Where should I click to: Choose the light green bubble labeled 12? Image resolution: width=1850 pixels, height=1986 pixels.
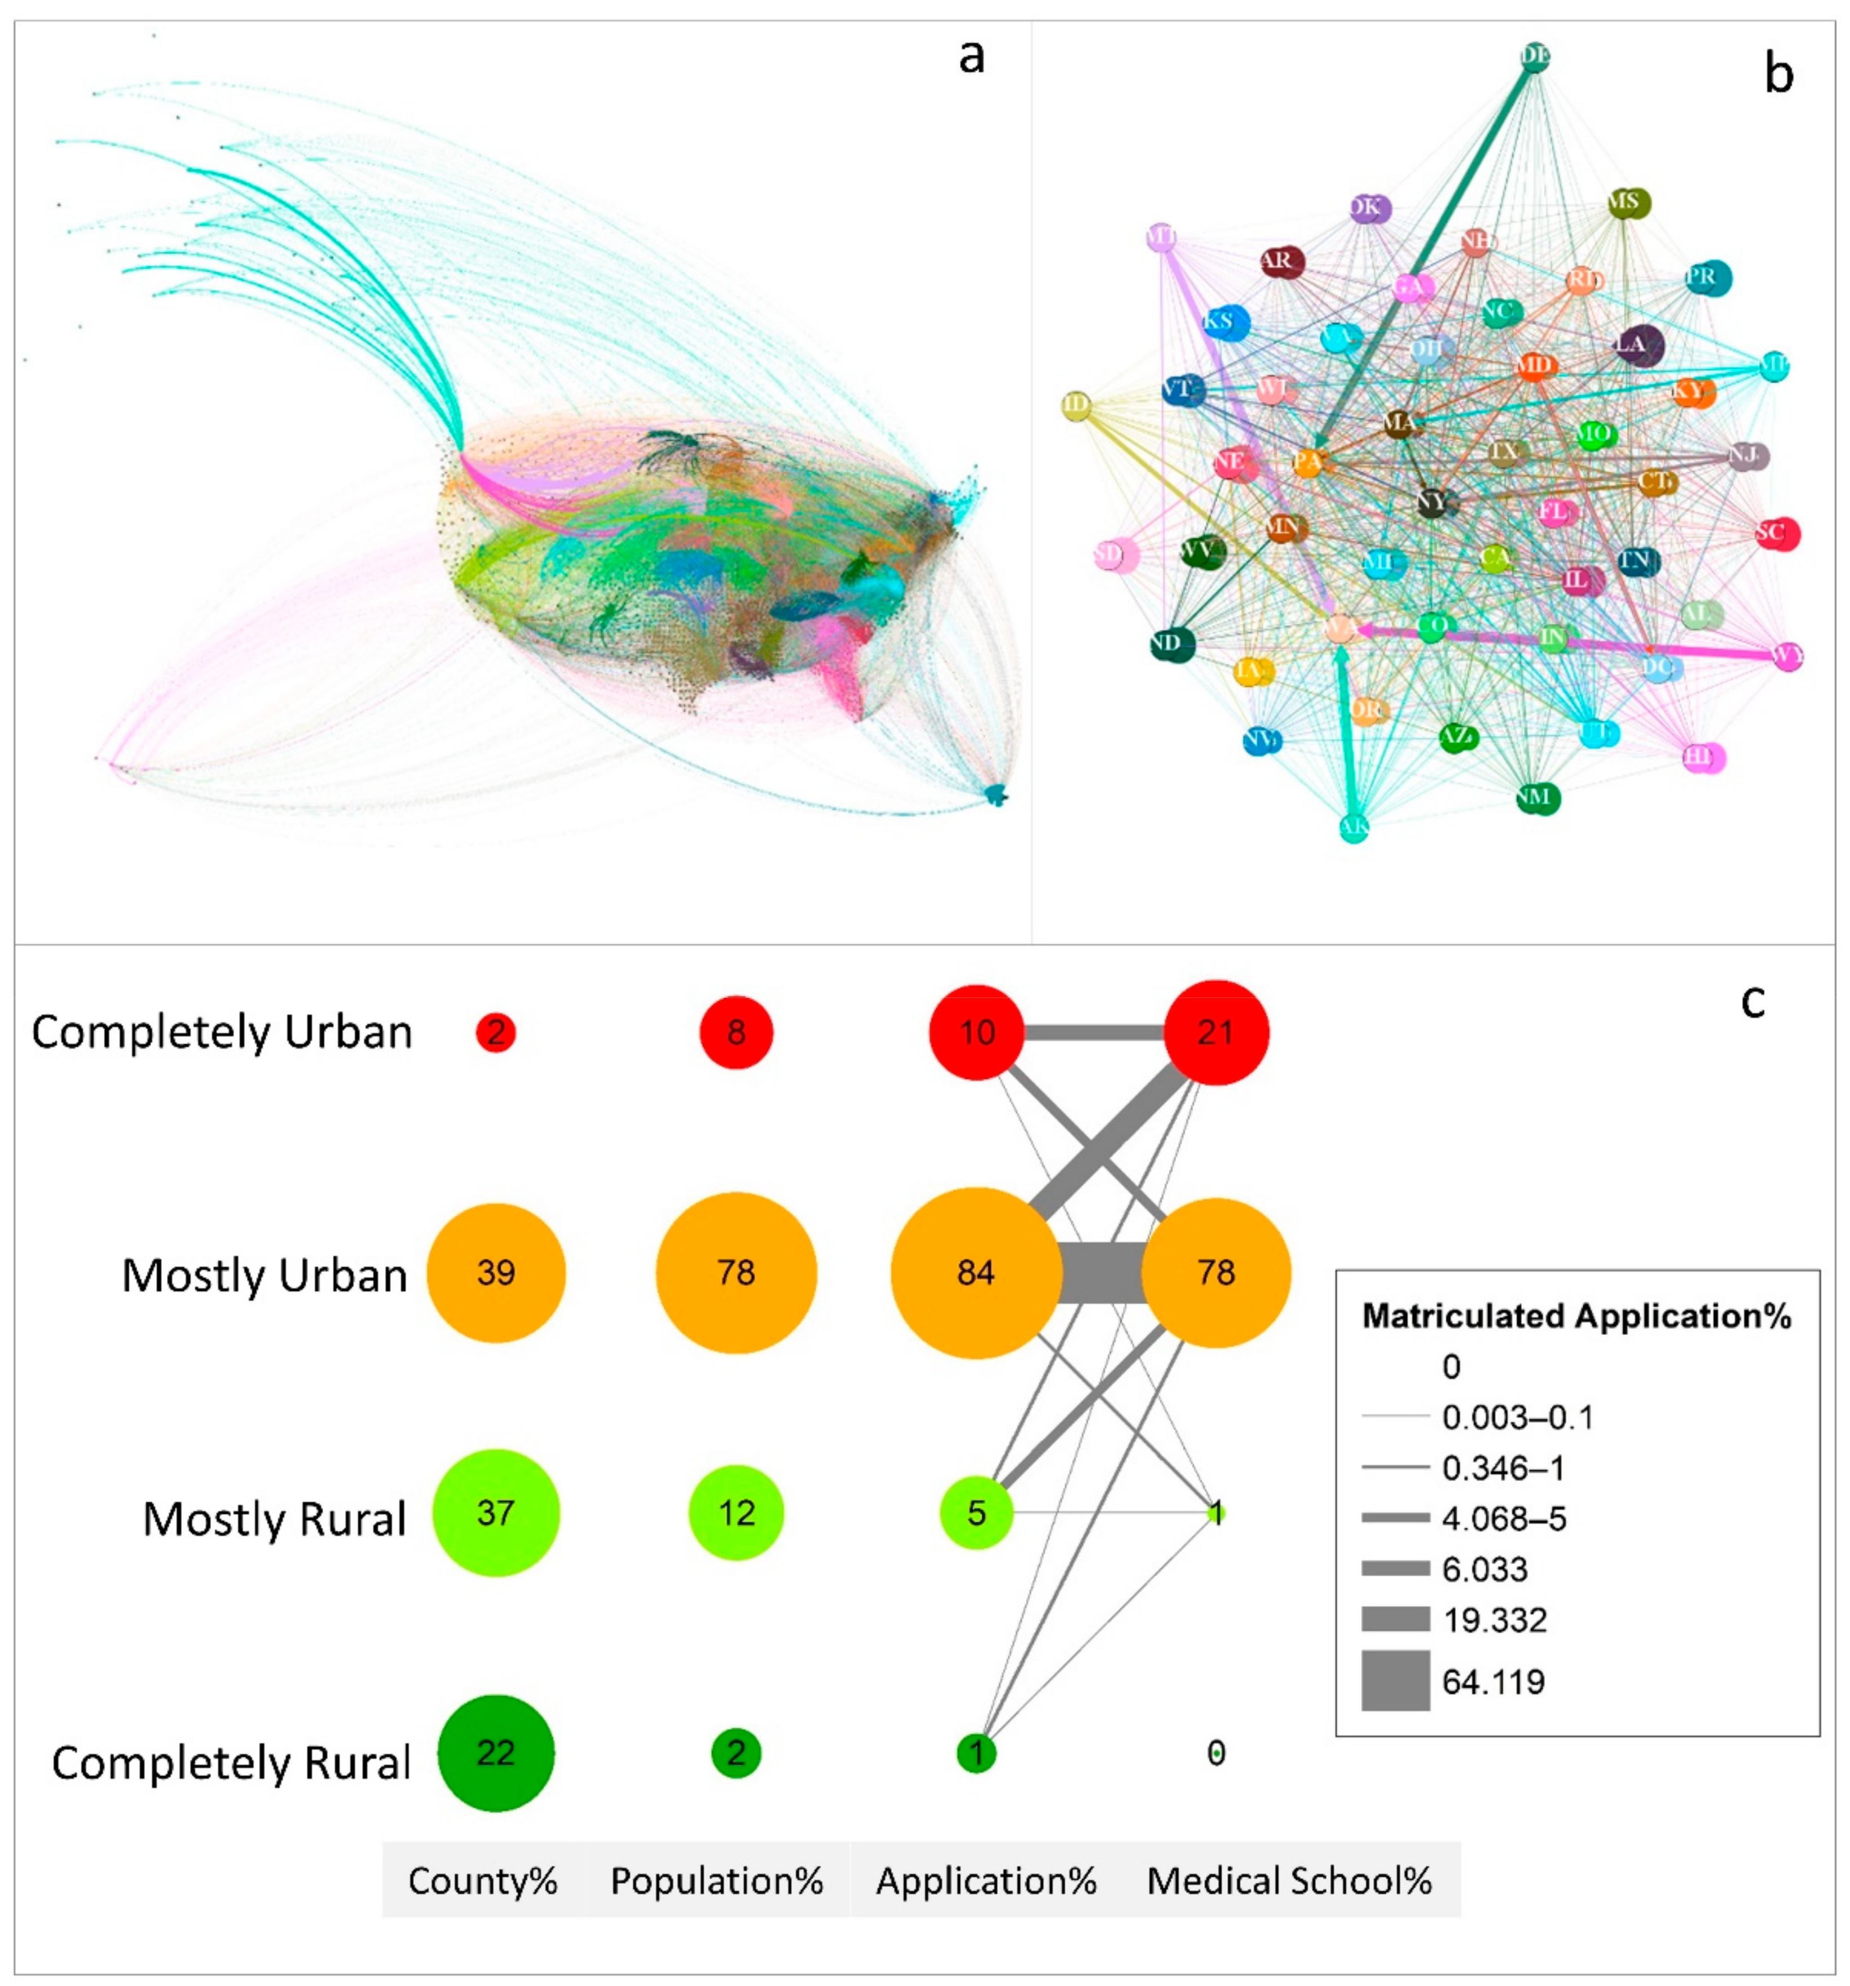(736, 1513)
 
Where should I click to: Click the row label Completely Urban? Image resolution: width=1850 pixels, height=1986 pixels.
(222, 1032)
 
